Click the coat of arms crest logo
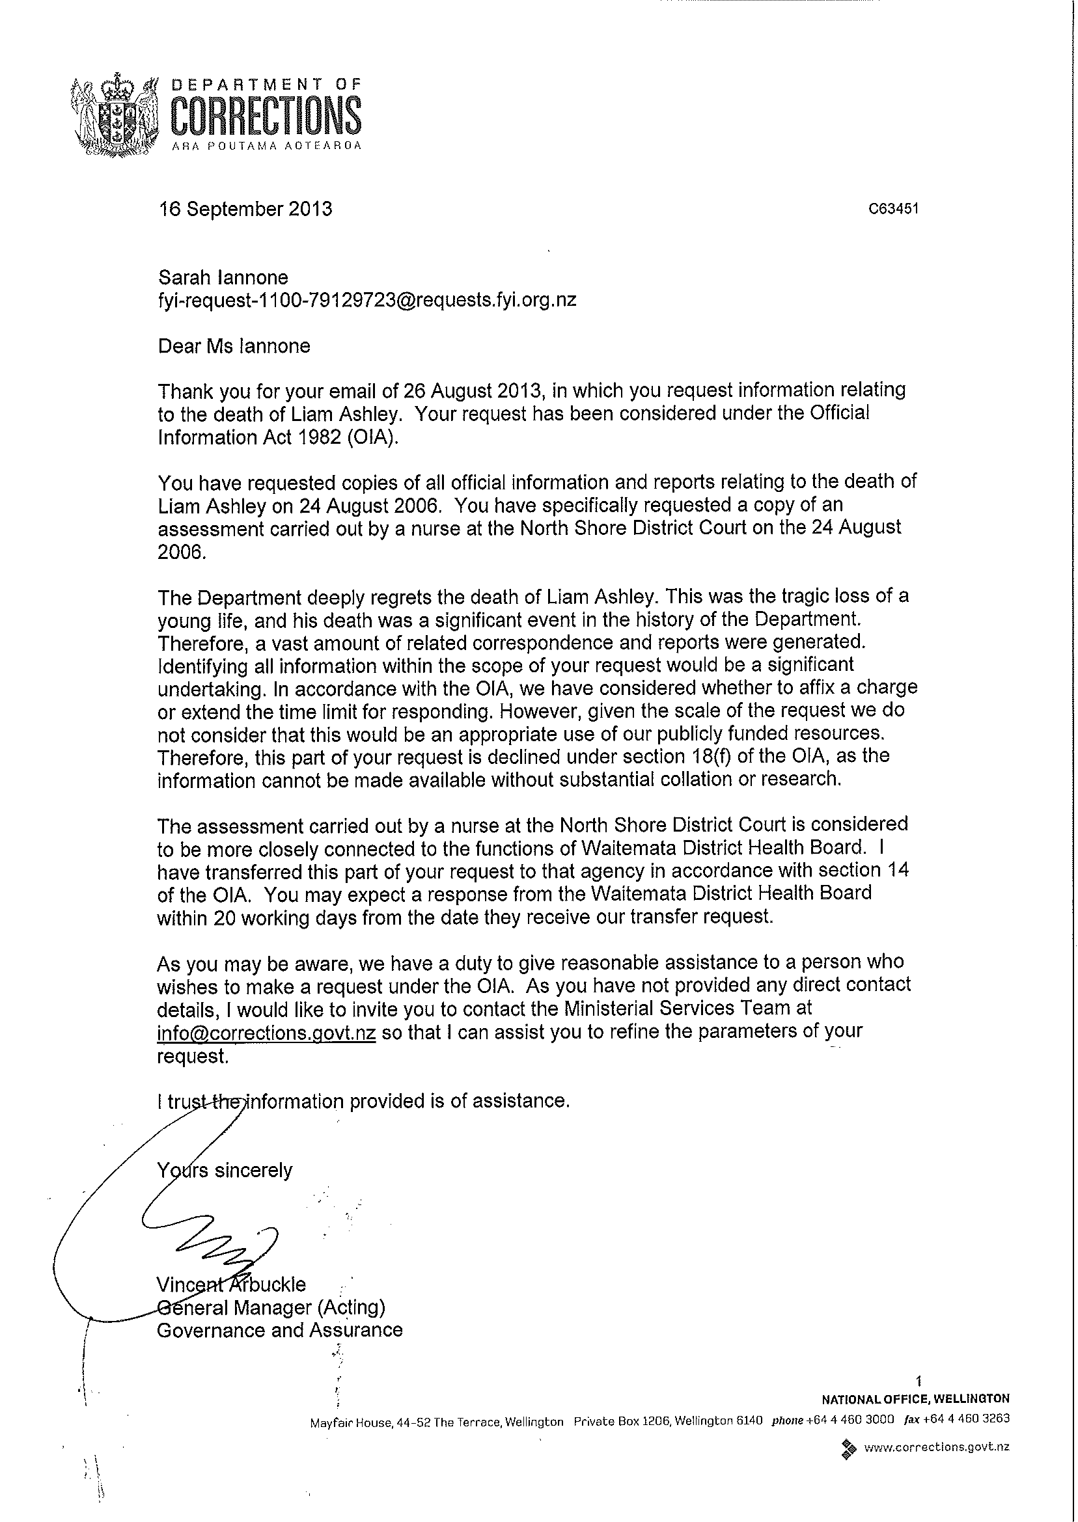coord(115,115)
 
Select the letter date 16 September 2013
coord(245,209)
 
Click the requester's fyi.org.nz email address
coord(367,300)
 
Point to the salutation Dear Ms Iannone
coord(234,346)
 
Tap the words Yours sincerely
coord(225,1170)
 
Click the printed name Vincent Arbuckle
coord(231,1284)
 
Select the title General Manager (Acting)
coord(271,1308)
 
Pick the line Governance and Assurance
coord(279,1330)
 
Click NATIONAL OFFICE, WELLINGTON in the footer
coord(915,1398)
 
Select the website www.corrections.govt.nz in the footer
coord(936,1447)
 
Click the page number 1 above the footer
coord(919,1382)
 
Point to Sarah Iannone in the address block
coord(223,277)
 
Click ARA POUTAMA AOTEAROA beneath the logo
coord(266,146)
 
